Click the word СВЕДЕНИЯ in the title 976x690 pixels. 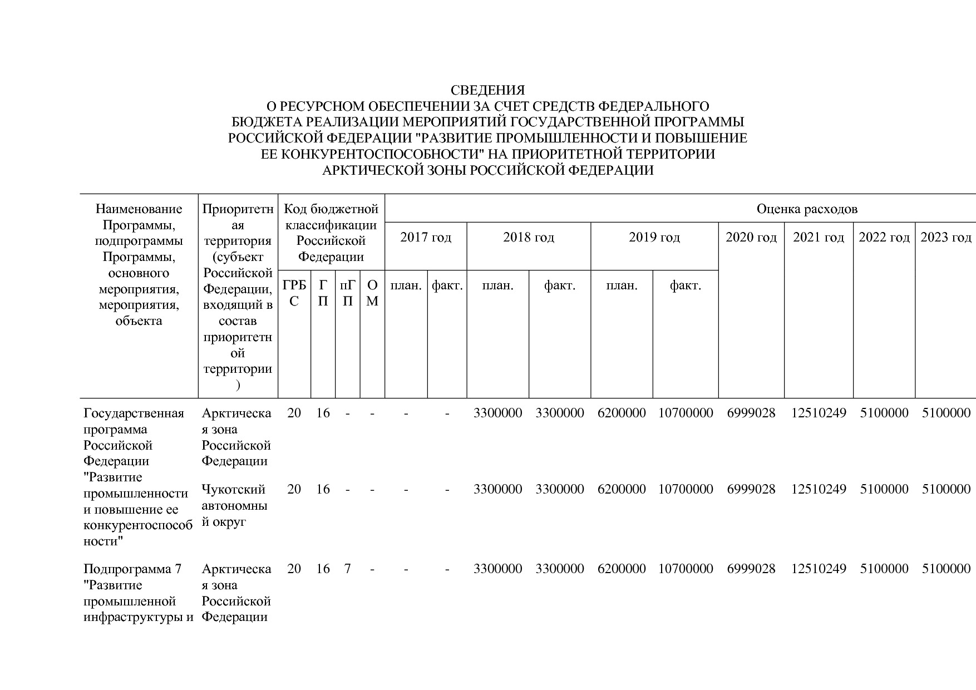[487, 90]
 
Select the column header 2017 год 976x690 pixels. [426, 238]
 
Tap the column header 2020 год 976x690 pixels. [751, 238]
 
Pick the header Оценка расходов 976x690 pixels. [807, 209]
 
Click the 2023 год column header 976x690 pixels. [945, 238]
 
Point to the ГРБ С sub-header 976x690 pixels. [294, 293]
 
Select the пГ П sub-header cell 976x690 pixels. [347, 293]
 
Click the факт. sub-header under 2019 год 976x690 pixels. [685, 286]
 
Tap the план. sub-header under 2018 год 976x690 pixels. [497, 286]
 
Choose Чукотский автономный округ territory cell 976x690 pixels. [234, 505]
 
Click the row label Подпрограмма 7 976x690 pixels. [132, 569]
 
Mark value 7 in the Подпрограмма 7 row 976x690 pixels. [347, 569]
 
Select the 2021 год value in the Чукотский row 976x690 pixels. [819, 489]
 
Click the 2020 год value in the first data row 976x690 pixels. [751, 413]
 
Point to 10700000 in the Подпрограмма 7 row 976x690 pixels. [686, 569]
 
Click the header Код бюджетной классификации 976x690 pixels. [331, 233]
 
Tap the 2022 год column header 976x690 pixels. [884, 238]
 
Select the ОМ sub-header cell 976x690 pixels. [372, 293]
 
